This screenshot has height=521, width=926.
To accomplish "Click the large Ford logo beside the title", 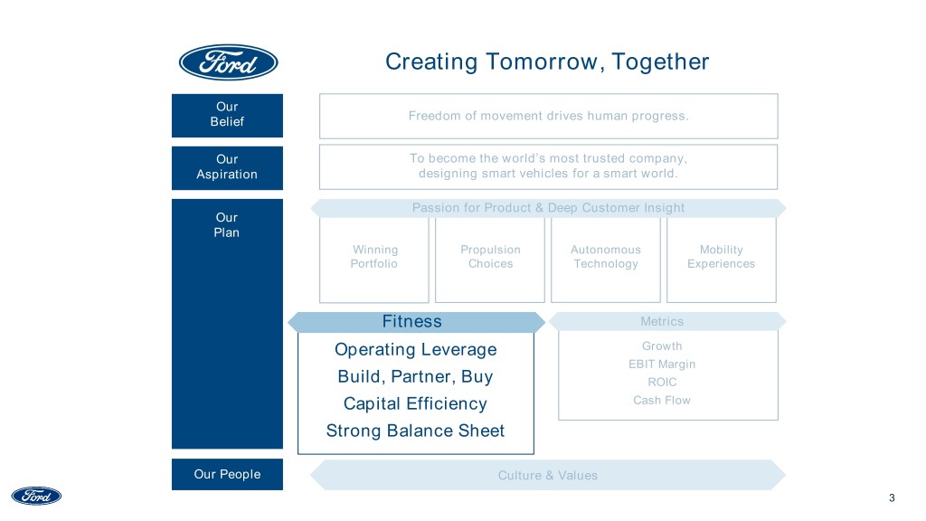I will pos(228,62).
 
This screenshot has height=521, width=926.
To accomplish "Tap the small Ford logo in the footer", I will pos(36,496).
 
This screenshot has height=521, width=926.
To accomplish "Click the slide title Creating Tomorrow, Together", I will pos(547,62).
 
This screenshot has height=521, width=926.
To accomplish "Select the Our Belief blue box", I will pos(227,114).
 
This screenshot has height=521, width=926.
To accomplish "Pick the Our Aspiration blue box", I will pos(227,166).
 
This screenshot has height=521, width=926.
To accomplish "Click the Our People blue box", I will pos(227,474).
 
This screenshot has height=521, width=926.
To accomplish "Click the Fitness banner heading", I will pos(412,321).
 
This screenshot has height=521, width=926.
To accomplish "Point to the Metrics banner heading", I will pos(662,321).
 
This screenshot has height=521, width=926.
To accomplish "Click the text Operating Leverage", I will pos(416,349).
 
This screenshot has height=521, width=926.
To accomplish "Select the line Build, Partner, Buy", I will pos(416,376).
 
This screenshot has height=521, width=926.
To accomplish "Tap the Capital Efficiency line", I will pos(416,403).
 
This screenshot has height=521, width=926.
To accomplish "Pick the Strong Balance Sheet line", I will pos(416,431).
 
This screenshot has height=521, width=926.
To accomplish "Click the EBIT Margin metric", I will pos(663,365).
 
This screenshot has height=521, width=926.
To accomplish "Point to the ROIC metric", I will pos(663,383).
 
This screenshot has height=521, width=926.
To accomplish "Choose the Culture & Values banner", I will pos(548,475).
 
